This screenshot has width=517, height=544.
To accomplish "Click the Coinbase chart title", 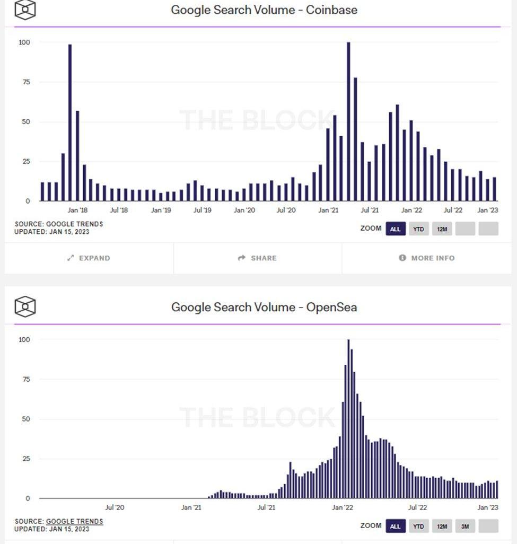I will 264,10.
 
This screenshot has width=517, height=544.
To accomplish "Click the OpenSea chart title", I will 264,307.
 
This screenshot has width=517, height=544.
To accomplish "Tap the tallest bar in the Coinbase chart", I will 348,121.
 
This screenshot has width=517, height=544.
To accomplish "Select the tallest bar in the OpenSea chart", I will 348,419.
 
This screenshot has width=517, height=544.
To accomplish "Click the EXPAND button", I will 89,258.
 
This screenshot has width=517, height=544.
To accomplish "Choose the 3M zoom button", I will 465,526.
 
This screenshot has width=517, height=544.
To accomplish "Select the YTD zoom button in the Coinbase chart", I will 418,229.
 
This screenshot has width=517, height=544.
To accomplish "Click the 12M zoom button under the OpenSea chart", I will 442,526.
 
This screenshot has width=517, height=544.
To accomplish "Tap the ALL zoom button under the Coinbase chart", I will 395,229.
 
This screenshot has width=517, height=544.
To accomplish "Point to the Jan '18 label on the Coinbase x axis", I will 77,210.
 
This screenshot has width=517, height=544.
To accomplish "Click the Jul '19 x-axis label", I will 202,210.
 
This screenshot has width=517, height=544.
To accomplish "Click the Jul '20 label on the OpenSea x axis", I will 115,507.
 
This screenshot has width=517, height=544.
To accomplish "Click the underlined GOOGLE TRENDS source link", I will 74,522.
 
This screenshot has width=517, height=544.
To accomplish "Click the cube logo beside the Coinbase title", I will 25,10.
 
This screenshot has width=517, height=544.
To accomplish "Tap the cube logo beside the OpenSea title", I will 25,306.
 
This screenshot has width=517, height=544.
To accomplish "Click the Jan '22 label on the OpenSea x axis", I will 342,507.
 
